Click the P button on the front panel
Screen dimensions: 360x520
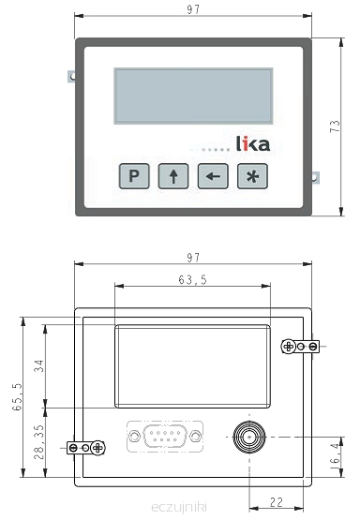tap(134, 176)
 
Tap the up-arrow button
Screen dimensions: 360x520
tap(173, 176)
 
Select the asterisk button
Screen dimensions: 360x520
tap(252, 176)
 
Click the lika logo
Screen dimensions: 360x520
tap(253, 143)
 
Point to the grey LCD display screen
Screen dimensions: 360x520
tap(193, 96)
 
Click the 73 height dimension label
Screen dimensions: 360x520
tap(335, 126)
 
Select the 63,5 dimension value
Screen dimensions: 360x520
tap(192, 280)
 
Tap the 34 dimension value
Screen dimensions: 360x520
tap(39, 365)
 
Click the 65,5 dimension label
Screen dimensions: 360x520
tap(17, 396)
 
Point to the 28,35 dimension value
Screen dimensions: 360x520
tap(39, 442)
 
